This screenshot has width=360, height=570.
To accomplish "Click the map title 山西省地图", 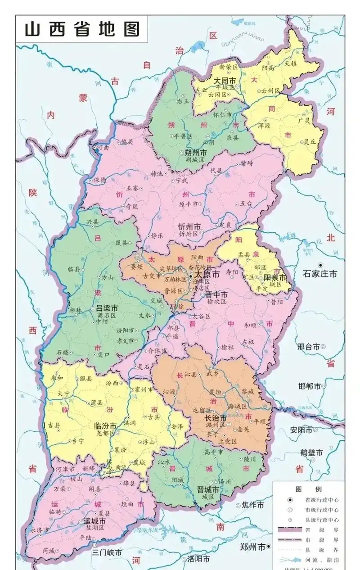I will pos(82,29).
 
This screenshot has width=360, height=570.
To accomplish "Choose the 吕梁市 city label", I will pos(107,309).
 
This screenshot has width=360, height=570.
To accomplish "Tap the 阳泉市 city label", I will pos(275,278).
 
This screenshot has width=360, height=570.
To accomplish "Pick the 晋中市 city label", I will pos(216,294).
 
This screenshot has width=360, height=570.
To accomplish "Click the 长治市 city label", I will pos(216,418).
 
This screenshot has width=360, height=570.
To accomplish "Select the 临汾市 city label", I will pos(104,426).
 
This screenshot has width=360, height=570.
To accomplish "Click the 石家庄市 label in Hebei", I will pos(320,274).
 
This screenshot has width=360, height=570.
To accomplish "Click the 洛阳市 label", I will pos(198,559).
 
